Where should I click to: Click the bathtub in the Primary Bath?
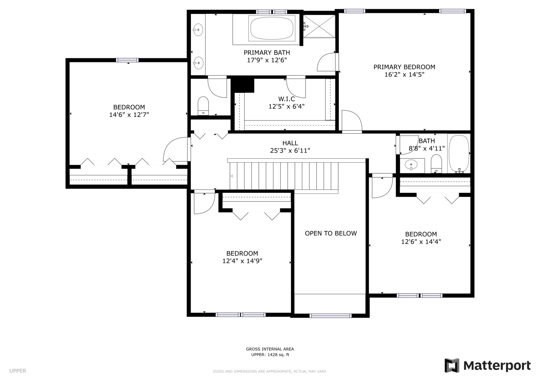coord(272,29)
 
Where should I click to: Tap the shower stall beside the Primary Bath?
coord(319,26)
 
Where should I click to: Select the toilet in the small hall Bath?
coord(436,164)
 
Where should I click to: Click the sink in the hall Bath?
coord(411,165)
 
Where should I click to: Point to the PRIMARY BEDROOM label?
coord(404,67)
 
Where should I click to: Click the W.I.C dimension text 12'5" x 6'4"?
coord(286,106)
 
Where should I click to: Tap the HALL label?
coord(290,143)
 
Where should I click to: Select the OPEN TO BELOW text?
coord(331,233)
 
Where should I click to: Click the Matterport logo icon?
coord(452,365)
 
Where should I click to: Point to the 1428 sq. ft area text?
coord(278,354)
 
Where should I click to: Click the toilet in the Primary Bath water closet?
coord(203,106)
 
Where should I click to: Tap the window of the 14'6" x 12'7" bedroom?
coord(127,60)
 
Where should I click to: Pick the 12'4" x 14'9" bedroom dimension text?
coord(242,261)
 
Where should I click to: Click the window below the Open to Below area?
coord(330,316)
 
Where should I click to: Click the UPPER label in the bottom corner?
coord(18,371)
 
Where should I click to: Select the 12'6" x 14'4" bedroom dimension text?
coord(421,241)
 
